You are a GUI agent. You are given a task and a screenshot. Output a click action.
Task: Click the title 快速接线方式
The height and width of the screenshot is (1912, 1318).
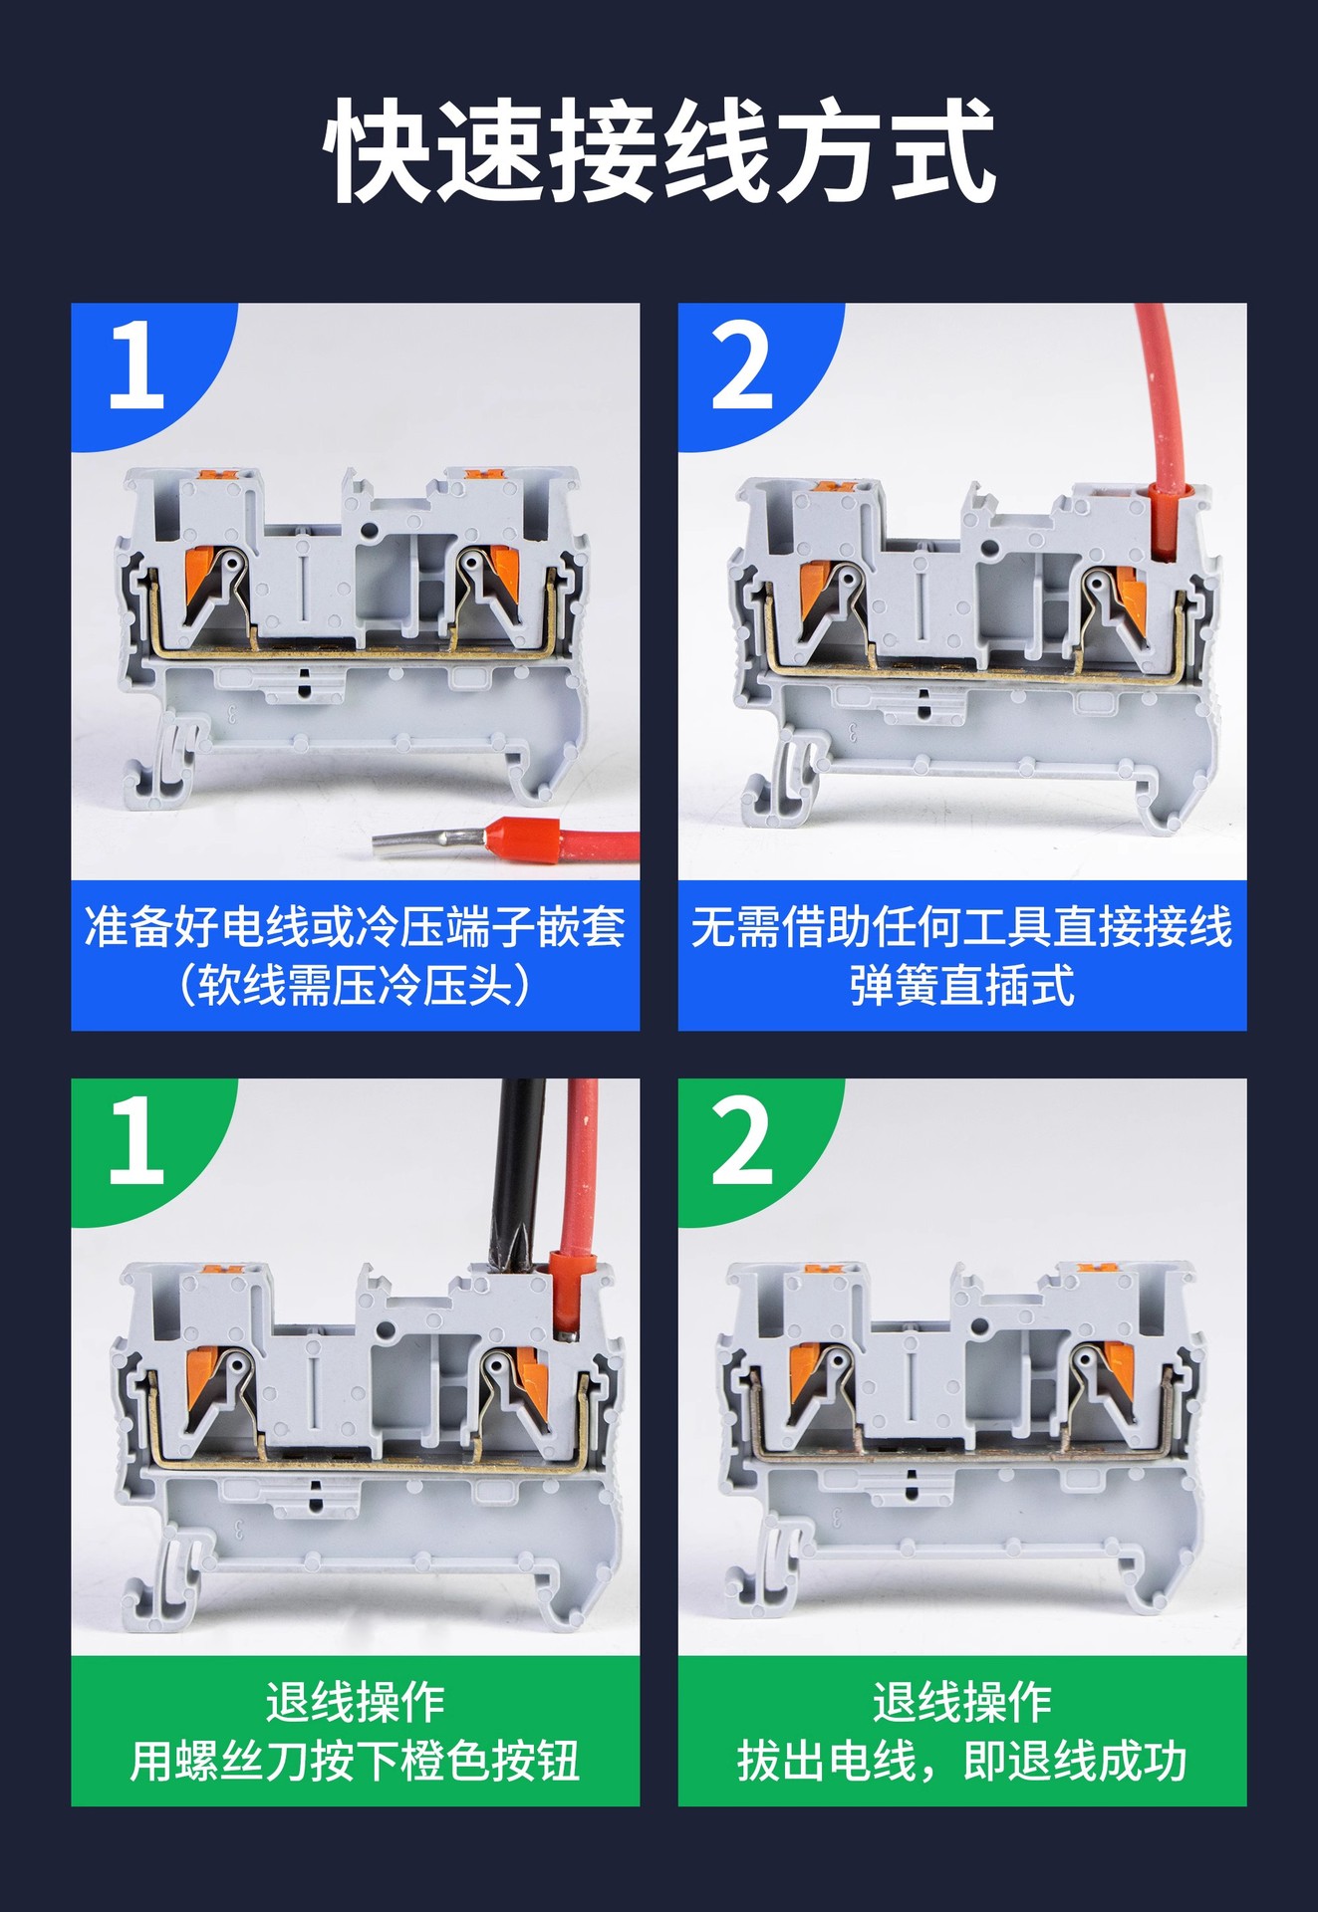tap(659, 150)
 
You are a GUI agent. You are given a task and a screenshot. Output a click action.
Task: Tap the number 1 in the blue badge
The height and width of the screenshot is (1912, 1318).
tap(135, 364)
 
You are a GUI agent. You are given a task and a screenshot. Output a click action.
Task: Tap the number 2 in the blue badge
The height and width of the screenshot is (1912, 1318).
tap(742, 365)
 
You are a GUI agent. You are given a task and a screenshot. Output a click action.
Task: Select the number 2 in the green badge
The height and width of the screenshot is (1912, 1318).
tap(742, 1141)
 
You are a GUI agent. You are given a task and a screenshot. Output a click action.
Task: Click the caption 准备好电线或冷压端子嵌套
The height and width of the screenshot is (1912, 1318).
tap(355, 927)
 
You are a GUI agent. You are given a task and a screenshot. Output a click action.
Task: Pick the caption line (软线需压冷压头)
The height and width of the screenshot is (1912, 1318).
tap(355, 986)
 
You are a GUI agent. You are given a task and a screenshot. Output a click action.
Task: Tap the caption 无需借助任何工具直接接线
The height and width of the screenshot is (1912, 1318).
tap(961, 927)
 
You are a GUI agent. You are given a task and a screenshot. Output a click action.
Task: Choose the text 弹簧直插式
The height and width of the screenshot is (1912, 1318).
tap(961, 986)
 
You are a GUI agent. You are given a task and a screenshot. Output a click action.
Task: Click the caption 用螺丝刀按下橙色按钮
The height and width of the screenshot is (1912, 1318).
tap(355, 1762)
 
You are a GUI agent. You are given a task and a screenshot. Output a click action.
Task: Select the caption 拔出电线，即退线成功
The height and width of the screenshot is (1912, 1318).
tap(961, 1762)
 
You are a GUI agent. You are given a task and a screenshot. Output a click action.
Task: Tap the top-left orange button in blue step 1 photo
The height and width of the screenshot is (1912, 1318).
tap(217, 479)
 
